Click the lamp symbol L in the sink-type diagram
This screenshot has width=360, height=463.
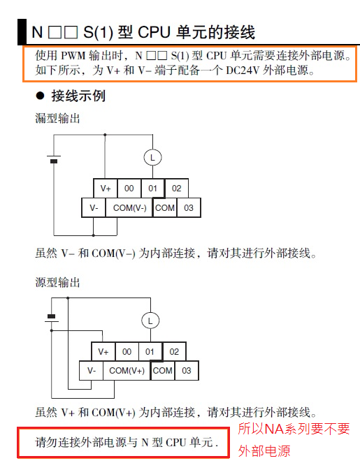point(152,157)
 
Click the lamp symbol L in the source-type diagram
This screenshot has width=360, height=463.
point(150,321)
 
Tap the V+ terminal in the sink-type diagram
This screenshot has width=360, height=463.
point(106,188)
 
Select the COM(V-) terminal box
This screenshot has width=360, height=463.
point(129,208)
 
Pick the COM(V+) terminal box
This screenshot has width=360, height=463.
point(127,371)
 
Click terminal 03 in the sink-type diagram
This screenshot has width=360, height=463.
point(189,208)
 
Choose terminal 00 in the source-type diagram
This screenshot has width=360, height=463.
point(127,352)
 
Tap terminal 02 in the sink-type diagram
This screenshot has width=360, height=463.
point(176,188)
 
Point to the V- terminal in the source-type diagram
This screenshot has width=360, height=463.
point(92,371)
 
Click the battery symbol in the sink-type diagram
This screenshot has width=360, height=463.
point(54,159)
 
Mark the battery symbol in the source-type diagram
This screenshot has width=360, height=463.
point(52,318)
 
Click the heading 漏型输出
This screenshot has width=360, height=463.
point(57,118)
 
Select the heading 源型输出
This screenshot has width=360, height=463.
point(57,282)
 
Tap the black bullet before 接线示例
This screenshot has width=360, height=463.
point(41,96)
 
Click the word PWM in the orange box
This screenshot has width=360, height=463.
point(73,56)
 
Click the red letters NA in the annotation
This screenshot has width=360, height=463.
point(274,429)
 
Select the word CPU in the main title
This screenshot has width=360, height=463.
point(154,33)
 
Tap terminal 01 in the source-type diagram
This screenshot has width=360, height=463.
point(150,352)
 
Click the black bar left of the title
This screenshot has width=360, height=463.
point(22,32)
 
